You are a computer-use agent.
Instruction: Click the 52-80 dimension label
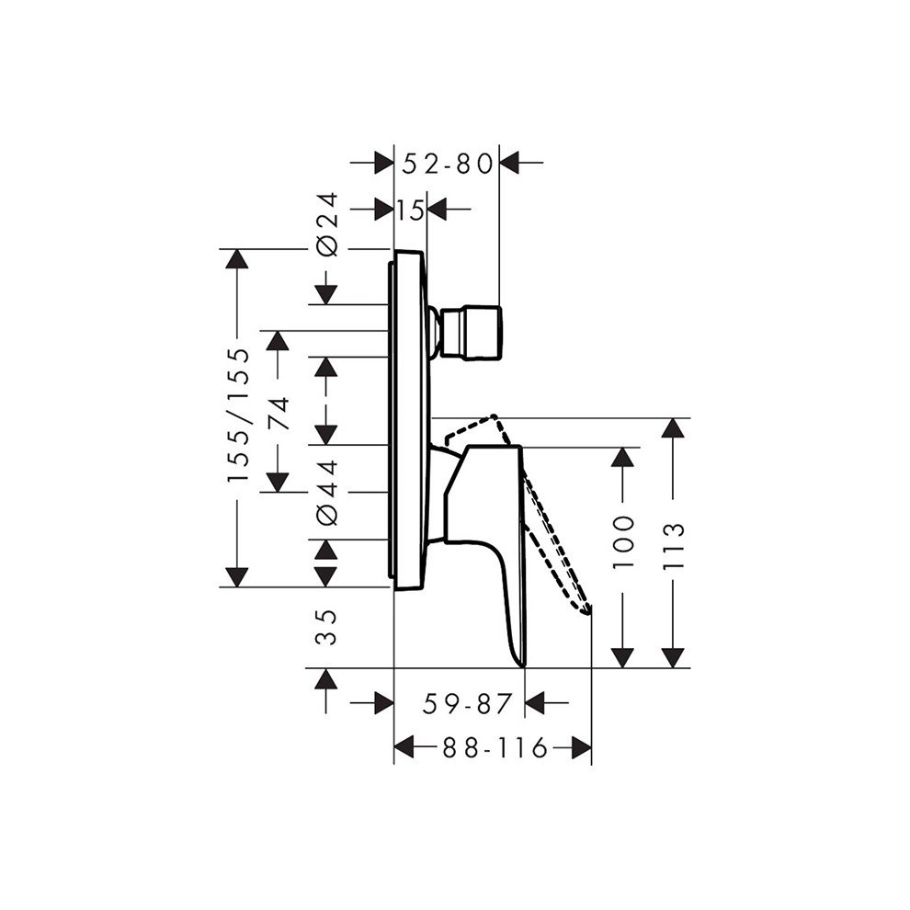click(x=447, y=165)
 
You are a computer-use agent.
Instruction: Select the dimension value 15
click(x=410, y=210)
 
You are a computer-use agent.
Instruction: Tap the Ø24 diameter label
click(x=327, y=224)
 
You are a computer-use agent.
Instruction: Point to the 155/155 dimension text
click(x=237, y=415)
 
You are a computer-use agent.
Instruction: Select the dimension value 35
click(x=326, y=628)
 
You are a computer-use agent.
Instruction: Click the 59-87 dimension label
click(x=467, y=704)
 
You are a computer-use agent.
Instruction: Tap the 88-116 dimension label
click(x=495, y=747)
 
